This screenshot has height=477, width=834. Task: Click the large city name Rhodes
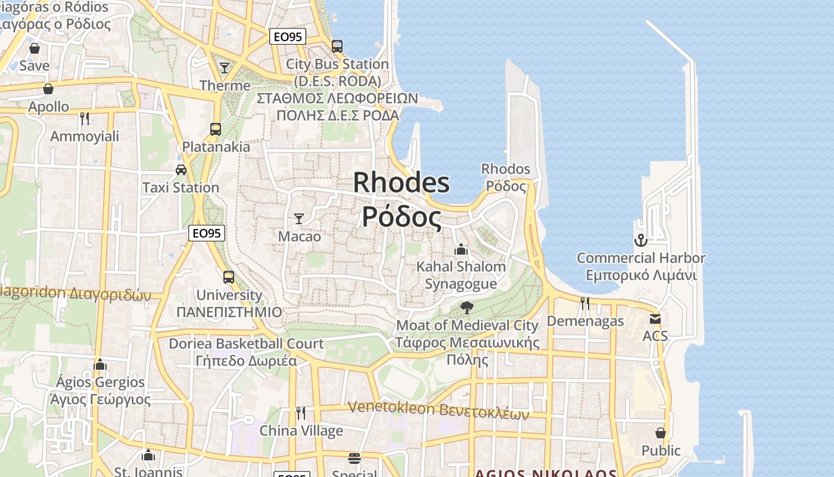(x=402, y=182)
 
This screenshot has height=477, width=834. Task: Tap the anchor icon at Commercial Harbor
(x=640, y=240)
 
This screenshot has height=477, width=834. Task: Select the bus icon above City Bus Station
(x=337, y=46)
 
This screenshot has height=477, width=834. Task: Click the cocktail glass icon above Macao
(x=299, y=218)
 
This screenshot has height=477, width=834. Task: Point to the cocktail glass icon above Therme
(x=225, y=68)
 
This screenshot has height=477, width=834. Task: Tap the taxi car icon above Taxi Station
(x=181, y=170)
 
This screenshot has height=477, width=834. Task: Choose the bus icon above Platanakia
(x=216, y=129)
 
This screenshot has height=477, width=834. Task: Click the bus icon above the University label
(x=229, y=277)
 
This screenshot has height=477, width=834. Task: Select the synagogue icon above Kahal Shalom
(x=461, y=249)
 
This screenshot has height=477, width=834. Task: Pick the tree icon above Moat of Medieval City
(x=466, y=308)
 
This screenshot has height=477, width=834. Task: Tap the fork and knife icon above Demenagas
(x=585, y=303)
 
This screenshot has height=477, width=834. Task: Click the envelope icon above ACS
(x=655, y=318)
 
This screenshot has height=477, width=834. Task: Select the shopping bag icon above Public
(x=661, y=432)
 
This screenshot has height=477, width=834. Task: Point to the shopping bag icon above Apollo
(x=48, y=89)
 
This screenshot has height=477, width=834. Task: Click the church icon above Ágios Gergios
(x=100, y=364)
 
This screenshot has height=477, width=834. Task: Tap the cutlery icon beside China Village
(x=301, y=413)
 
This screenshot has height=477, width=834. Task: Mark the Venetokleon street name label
(x=438, y=410)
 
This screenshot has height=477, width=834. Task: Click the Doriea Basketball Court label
(x=246, y=343)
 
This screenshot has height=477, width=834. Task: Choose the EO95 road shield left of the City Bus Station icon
(x=287, y=37)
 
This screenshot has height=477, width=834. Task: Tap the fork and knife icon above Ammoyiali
(x=85, y=118)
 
